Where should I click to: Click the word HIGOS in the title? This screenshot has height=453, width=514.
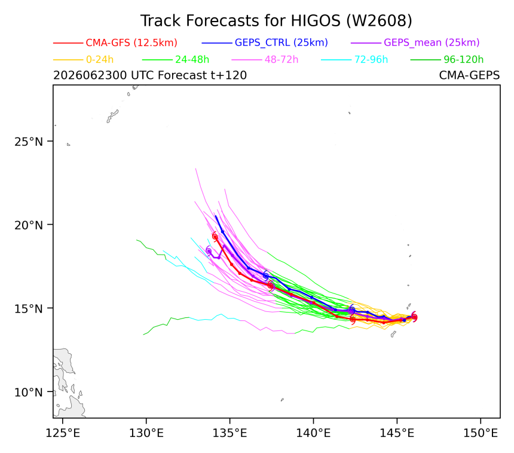316,21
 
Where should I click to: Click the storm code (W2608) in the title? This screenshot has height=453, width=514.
380,21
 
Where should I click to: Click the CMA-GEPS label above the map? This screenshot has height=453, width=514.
469,75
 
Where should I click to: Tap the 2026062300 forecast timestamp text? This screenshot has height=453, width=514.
90,75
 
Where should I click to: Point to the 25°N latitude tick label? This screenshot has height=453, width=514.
29,142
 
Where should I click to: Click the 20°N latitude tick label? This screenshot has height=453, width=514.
29,225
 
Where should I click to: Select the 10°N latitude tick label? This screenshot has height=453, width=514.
29,392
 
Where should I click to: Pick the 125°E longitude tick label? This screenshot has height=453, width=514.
63,433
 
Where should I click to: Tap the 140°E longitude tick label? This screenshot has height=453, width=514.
313,433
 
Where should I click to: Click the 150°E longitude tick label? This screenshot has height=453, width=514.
481,433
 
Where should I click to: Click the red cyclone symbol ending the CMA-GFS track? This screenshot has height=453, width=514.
215,236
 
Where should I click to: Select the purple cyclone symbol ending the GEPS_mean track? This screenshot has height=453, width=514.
209,251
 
